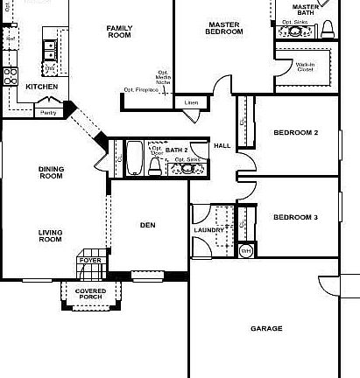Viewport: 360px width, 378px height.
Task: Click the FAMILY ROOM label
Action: coord(119,32)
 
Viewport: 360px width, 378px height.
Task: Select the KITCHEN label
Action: coord(41,87)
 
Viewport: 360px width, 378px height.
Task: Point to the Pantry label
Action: coord(49,112)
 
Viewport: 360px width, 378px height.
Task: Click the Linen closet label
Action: coord(192,102)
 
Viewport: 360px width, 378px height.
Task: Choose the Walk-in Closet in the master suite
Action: coord(304,66)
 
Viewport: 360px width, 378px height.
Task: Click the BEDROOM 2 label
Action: coord(295,133)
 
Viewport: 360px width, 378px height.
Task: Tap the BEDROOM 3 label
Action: coord(295,217)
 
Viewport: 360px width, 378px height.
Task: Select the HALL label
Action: coord(222,145)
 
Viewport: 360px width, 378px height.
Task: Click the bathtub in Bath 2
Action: coord(135,157)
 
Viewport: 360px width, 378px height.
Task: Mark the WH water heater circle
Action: coord(245,251)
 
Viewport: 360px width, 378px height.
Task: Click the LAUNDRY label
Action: coord(209,230)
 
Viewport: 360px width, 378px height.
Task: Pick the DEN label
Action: coord(148,225)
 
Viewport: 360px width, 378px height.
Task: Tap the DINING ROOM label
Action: coord(52,172)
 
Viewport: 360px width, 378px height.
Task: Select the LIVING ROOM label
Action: coord(52,235)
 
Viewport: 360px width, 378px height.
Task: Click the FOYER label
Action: coord(89,260)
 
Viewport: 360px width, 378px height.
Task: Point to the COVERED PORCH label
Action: coord(90,294)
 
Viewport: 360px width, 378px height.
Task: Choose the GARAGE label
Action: coord(266,329)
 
